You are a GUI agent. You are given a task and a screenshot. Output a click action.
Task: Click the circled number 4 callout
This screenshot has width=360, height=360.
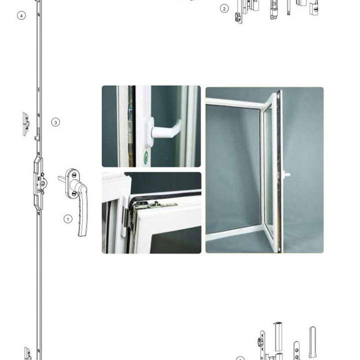(21, 16)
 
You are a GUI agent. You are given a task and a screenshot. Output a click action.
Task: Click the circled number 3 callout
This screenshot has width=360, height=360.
(55, 122)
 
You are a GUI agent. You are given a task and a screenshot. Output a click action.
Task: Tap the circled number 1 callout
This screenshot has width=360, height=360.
(67, 219)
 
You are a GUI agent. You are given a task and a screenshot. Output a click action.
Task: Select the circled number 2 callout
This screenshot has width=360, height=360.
(224, 8)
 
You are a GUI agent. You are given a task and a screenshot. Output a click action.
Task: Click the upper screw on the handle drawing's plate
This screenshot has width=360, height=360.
(74, 175)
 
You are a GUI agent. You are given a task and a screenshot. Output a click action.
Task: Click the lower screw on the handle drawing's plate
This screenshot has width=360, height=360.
(74, 194)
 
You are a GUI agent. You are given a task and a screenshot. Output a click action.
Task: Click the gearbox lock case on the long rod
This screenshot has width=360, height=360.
(38, 182)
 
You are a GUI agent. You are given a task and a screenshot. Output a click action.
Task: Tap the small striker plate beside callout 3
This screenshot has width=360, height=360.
(26, 124)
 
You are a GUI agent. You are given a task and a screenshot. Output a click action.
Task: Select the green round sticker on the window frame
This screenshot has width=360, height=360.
(145, 157)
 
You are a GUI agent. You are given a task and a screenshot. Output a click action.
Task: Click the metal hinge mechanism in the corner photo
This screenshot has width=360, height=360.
(151, 205)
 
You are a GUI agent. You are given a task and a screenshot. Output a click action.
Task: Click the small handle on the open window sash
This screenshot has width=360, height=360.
(287, 174)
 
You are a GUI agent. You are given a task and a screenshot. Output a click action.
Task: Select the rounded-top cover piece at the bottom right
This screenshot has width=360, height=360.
(312, 341)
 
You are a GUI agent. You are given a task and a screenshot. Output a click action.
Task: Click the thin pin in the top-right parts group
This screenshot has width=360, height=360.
(288, 7)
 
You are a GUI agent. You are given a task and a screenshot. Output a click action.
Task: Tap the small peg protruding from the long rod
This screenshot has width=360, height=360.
(36, 138)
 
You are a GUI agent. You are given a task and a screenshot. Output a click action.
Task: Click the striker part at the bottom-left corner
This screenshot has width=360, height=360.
(28, 353)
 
